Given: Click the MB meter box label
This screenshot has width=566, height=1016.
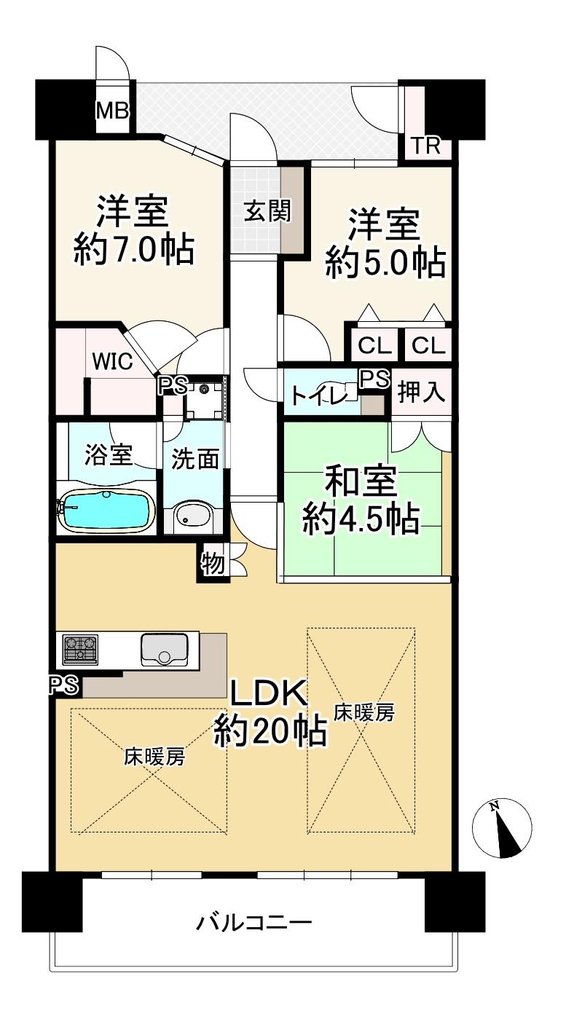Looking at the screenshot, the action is click(112, 110).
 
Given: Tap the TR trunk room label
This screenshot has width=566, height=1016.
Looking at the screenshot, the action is click(427, 146).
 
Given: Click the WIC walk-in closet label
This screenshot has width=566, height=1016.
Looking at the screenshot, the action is click(112, 361).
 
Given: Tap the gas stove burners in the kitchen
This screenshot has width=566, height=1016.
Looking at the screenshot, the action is click(81, 649).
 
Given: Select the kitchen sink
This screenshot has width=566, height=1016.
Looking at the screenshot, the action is click(164, 650).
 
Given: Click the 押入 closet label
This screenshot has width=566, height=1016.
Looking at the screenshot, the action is click(421, 391).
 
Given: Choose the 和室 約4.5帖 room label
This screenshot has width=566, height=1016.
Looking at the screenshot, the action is click(361, 500).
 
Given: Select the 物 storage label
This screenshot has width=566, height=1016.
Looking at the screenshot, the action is click(213, 564).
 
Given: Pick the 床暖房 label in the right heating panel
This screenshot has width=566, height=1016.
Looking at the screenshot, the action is click(364, 712).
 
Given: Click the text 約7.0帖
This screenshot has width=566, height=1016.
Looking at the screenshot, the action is click(134, 250).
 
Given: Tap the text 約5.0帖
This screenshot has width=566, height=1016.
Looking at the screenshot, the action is click(385, 263).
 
